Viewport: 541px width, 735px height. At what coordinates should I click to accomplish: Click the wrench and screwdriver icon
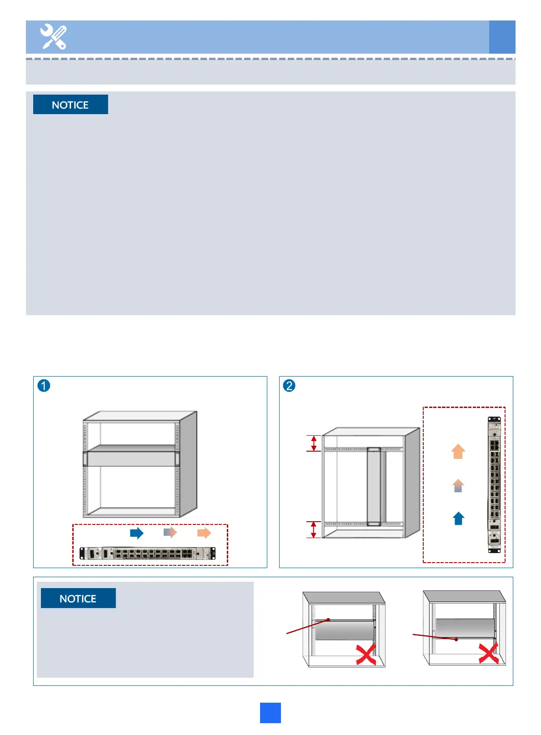click(x=54, y=37)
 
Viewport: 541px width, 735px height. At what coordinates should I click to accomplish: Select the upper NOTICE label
click(x=70, y=105)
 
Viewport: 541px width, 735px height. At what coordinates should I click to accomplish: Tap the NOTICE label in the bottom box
click(x=78, y=598)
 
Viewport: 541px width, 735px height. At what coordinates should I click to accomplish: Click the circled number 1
click(x=44, y=386)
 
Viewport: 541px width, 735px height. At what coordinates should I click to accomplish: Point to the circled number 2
click(x=289, y=386)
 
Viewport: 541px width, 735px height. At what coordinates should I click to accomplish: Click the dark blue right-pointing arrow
click(x=136, y=533)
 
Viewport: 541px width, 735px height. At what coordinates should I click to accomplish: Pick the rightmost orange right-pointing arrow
click(x=204, y=533)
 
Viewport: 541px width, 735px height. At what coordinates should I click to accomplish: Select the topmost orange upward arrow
click(x=458, y=452)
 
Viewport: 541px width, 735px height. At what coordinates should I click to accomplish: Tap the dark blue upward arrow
click(x=458, y=519)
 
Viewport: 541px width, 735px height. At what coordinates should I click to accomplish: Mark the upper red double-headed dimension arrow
click(x=313, y=443)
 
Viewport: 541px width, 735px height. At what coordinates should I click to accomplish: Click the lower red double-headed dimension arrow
click(x=313, y=529)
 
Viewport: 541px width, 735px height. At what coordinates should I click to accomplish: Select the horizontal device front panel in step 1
click(x=147, y=554)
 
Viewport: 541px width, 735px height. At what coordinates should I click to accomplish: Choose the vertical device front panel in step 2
click(x=494, y=485)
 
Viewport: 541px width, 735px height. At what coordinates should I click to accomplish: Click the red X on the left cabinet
click(x=366, y=654)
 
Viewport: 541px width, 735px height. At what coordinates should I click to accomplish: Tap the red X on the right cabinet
click(x=489, y=653)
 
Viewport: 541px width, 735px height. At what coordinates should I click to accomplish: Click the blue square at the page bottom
click(x=270, y=713)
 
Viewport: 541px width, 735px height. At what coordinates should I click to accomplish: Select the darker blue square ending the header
click(x=502, y=37)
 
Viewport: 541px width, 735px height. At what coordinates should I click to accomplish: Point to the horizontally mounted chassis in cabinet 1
click(x=131, y=458)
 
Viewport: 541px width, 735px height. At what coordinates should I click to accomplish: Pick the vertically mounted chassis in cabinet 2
click(x=374, y=486)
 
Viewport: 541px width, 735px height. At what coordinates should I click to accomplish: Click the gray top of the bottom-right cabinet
click(x=464, y=596)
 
